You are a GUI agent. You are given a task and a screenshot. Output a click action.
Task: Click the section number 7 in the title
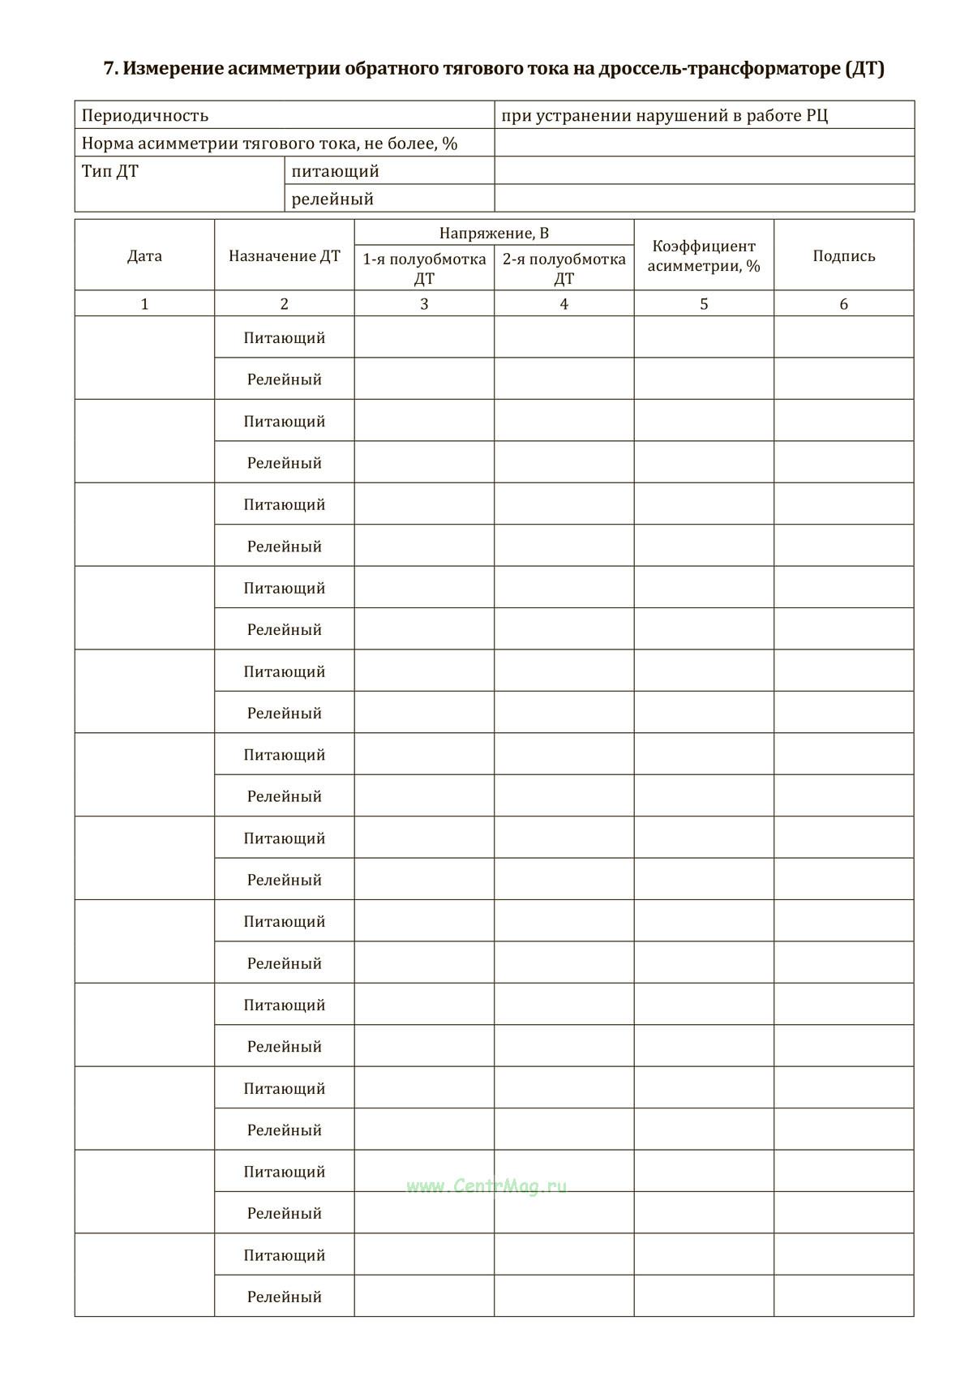tap(109, 69)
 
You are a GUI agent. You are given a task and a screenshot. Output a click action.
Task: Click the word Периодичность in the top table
tap(145, 115)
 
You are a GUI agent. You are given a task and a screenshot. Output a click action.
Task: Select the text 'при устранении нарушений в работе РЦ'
tap(664, 115)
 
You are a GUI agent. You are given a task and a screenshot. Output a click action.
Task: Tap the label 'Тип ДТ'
tap(110, 171)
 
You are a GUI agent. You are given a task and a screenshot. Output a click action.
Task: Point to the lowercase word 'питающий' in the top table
tap(335, 171)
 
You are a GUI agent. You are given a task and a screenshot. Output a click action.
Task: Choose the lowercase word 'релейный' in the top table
tap(332, 199)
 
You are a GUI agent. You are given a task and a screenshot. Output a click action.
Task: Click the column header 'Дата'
tap(144, 256)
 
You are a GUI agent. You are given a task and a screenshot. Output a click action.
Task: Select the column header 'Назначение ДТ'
tap(284, 256)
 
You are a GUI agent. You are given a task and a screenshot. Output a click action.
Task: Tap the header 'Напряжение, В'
tap(494, 234)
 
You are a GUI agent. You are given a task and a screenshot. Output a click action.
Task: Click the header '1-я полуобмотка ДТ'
tap(424, 268)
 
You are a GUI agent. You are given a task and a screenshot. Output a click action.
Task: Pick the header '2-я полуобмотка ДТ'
tap(564, 268)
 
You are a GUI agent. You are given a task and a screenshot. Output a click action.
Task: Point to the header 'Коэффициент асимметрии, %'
tap(704, 256)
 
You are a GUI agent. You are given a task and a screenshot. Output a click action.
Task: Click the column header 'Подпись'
tap(843, 256)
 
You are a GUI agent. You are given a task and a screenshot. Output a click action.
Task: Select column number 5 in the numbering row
tap(704, 304)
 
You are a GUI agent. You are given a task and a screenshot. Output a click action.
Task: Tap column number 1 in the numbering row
tap(144, 304)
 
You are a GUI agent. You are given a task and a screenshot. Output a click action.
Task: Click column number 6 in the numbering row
tap(843, 304)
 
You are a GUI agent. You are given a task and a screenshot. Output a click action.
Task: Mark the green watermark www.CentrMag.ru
tap(486, 1186)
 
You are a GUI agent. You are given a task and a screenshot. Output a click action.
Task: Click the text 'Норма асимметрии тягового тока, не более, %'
tap(269, 144)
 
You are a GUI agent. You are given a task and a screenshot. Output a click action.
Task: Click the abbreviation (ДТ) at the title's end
tap(864, 69)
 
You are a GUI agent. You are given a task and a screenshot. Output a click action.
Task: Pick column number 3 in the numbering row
tap(424, 304)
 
